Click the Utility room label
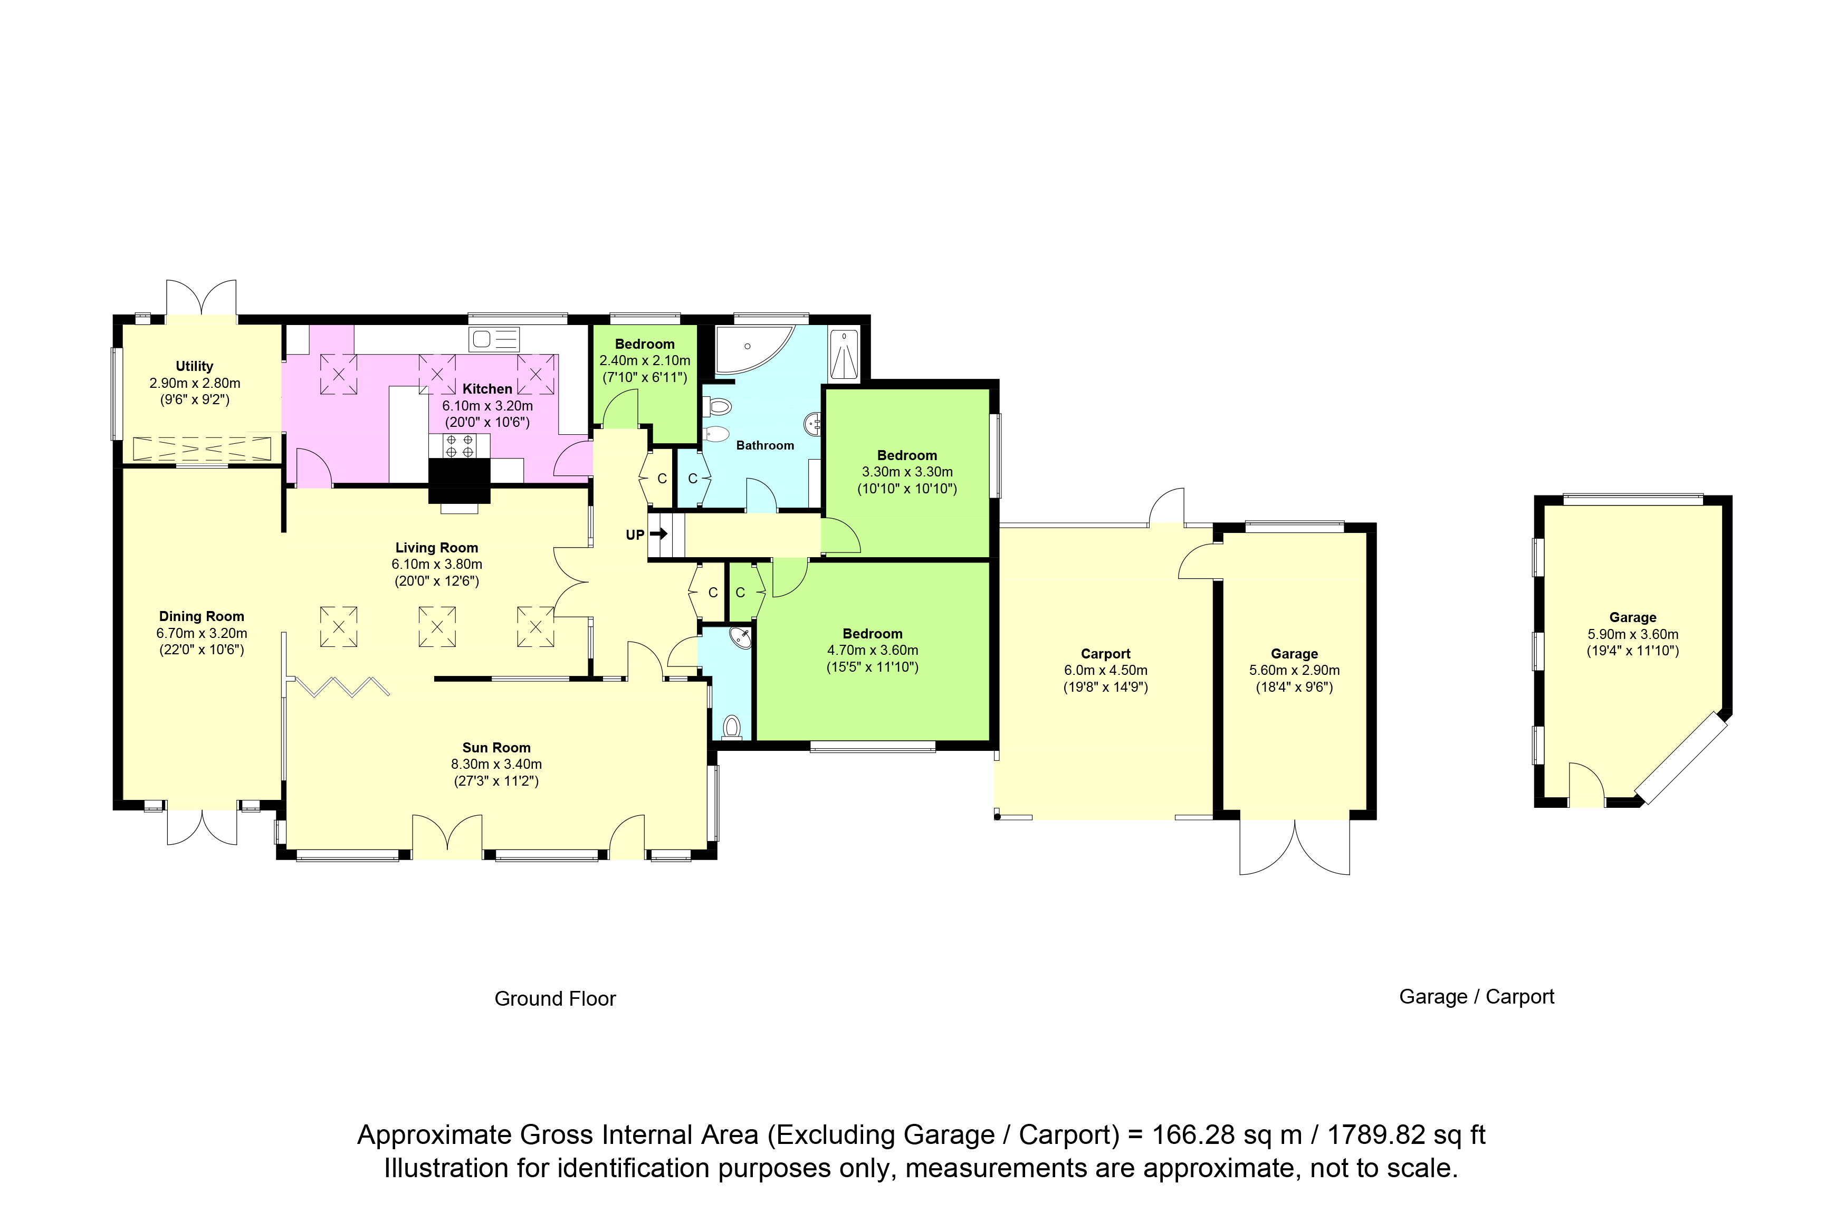point(194,366)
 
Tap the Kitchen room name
point(487,389)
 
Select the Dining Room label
point(202,616)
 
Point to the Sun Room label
point(496,747)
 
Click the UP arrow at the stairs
point(658,534)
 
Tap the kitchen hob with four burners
point(459,446)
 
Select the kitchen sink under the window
point(494,339)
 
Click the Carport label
point(1105,653)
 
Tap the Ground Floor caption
point(555,999)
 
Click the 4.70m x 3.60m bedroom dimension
point(872,650)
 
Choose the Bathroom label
point(764,445)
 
